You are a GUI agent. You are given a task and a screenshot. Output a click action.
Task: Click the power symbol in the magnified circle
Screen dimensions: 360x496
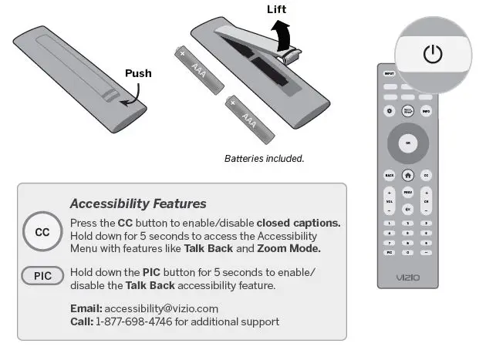(434, 54)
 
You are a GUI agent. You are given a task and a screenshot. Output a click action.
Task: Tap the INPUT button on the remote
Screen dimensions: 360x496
(390, 73)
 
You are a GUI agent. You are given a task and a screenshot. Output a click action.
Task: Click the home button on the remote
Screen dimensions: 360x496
(408, 176)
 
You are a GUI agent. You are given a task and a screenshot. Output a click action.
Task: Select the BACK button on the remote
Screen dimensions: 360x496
(390, 176)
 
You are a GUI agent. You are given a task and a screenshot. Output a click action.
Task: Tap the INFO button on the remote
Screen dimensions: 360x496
(426, 112)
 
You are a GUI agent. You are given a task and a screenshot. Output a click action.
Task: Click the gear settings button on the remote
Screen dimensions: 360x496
(390, 112)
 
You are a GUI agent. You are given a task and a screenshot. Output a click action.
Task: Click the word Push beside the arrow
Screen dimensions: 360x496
(138, 73)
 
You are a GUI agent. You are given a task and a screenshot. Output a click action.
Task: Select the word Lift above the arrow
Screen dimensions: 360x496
(277, 9)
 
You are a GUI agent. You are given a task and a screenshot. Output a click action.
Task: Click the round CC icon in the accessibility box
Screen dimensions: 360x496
(42, 232)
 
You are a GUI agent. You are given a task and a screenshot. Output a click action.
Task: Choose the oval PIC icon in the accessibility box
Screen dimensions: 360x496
(42, 274)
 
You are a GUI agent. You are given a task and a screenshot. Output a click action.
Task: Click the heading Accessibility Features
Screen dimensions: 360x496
(138, 204)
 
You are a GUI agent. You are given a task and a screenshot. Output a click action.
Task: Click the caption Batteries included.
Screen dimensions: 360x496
(265, 158)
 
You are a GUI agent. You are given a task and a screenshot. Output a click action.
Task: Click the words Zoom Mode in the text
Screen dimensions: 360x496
(288, 248)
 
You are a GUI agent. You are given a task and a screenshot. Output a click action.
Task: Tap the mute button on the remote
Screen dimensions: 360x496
(408, 208)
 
